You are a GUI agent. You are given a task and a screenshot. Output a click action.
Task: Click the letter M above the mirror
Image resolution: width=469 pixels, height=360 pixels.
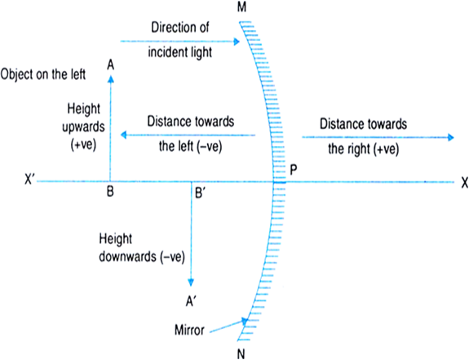(x=241, y=7)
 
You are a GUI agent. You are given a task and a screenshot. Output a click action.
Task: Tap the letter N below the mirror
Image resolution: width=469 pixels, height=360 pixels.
(x=241, y=354)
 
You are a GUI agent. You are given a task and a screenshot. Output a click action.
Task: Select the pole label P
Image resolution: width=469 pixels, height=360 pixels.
(x=294, y=170)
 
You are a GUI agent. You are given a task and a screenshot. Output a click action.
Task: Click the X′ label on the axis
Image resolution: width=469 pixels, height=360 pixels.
(x=30, y=180)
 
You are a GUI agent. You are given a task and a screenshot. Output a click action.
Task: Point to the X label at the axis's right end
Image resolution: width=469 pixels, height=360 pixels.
(x=464, y=183)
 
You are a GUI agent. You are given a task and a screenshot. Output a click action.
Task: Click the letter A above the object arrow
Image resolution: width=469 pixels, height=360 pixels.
(x=111, y=64)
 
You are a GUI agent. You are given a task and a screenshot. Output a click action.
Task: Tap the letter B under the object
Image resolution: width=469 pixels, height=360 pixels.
(x=110, y=192)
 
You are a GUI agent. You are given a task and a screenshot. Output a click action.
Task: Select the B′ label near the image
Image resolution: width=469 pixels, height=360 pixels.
(x=200, y=193)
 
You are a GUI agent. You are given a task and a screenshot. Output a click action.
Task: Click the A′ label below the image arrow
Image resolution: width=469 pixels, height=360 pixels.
(x=191, y=301)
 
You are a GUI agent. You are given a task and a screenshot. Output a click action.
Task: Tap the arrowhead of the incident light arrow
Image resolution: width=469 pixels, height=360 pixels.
(x=237, y=42)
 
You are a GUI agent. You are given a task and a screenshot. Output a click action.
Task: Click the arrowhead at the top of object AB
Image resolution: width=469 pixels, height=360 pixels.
(x=111, y=78)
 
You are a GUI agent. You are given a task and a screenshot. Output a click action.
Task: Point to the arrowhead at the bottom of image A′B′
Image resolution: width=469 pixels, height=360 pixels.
(x=191, y=282)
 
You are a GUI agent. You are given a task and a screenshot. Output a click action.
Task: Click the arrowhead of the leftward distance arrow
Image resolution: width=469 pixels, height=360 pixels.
(x=123, y=135)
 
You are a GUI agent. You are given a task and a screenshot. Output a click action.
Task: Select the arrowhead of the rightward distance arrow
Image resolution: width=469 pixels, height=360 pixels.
(x=450, y=137)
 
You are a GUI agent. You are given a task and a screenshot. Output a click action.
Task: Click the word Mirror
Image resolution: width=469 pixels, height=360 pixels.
(x=189, y=330)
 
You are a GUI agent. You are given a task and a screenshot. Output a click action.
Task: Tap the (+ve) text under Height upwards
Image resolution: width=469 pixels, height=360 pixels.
(x=83, y=145)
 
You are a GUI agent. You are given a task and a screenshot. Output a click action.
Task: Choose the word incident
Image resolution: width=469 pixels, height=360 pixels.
(x=167, y=52)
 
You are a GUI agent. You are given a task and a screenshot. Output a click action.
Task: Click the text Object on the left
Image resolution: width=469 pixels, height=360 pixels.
(x=43, y=74)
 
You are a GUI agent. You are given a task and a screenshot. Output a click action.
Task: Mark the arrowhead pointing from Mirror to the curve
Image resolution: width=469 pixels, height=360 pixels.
(x=245, y=321)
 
